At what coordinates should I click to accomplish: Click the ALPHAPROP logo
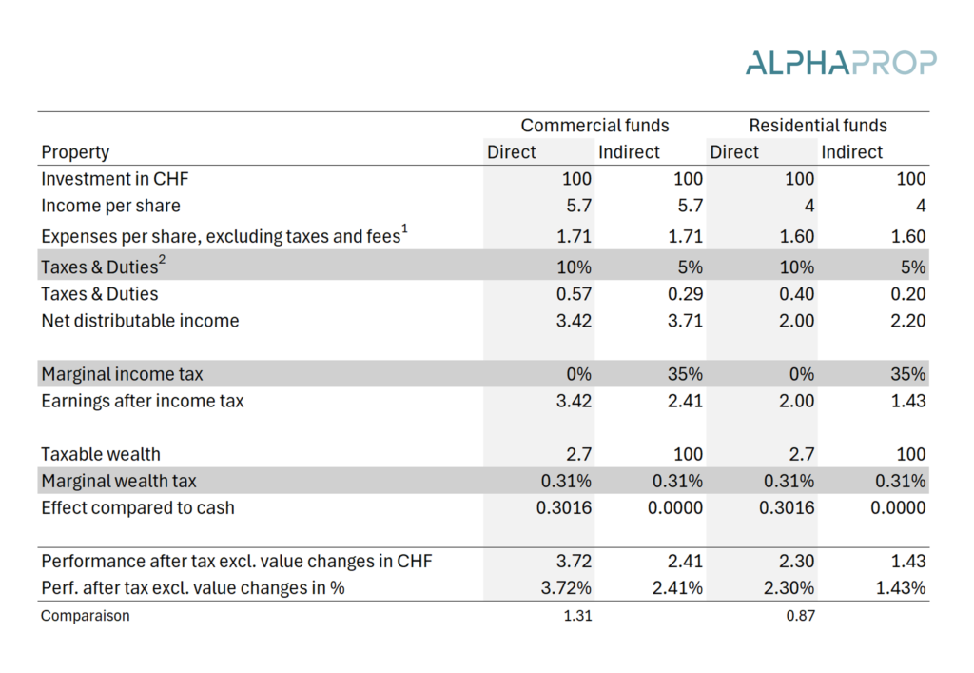coord(841,63)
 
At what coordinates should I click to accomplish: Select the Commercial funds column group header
coord(594,126)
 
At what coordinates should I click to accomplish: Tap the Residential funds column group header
coord(817,126)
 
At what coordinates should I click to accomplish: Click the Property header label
coord(75,153)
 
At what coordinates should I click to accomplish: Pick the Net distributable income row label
coord(140,321)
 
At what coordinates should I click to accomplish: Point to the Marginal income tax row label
coord(122,374)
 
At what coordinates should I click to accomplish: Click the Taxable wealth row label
coord(101,454)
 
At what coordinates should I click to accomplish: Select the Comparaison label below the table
coord(85,616)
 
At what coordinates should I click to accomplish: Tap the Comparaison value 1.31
coord(577,616)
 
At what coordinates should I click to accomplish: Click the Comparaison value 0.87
coord(800,616)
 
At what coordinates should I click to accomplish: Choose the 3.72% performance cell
coord(566,588)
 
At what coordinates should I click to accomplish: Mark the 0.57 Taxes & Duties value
coord(574,294)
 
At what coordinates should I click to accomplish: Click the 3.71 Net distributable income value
coord(685,321)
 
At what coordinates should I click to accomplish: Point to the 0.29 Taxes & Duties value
coord(685,294)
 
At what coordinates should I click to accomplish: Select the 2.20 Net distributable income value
coord(908,321)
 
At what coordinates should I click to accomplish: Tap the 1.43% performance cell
coord(901,588)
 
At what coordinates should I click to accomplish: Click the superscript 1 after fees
coord(404,229)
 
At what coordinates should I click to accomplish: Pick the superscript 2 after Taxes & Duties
coord(162,260)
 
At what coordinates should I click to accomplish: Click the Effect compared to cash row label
coord(138,507)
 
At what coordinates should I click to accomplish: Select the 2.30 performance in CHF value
coord(796,561)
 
